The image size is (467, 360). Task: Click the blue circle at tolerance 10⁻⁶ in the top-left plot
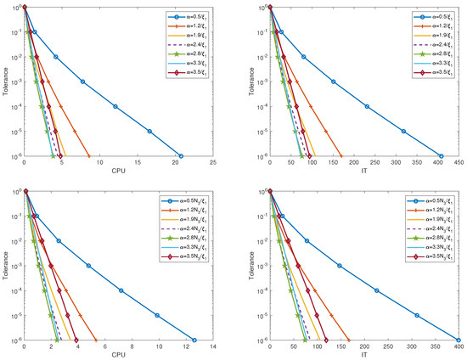[x=181, y=156]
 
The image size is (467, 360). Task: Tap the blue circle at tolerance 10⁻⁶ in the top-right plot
[x=442, y=156]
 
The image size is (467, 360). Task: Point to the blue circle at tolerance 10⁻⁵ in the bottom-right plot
[x=417, y=315]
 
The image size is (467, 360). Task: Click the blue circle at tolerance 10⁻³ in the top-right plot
[x=333, y=82]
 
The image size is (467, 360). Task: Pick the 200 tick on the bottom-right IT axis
[x=364, y=347]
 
